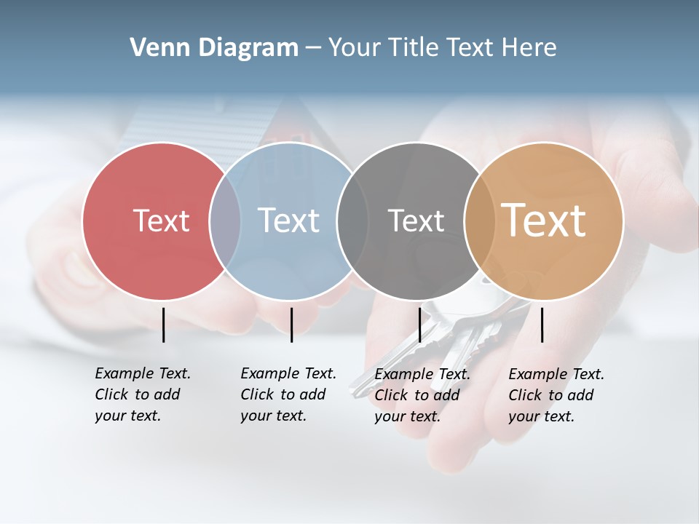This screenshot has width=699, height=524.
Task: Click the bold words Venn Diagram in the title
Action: pyautogui.click(x=214, y=48)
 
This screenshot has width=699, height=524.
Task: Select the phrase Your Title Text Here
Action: pyautogui.click(x=442, y=48)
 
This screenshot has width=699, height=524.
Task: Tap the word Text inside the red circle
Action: pyautogui.click(x=161, y=221)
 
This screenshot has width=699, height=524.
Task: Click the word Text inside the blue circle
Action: pyautogui.click(x=289, y=221)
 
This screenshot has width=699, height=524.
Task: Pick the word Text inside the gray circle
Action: pyautogui.click(x=416, y=221)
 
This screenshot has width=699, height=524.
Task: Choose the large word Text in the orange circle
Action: pyautogui.click(x=544, y=221)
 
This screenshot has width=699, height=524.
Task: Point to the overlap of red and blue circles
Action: pyautogui.click(x=225, y=221)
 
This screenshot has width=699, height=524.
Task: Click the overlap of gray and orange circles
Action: pyautogui.click(x=480, y=221)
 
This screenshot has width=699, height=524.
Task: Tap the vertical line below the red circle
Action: pyautogui.click(x=163, y=325)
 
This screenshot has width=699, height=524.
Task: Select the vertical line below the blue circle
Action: pyautogui.click(x=291, y=325)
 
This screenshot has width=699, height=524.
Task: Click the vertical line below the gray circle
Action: pyautogui.click(x=419, y=325)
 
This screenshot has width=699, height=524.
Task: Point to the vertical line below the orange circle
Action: pyautogui.click(x=542, y=325)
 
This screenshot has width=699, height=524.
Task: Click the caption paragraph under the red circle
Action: pyautogui.click(x=142, y=394)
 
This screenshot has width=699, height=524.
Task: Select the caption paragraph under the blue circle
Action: pyautogui.click(x=288, y=394)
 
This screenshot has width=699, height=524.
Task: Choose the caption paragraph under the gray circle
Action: pyautogui.click(x=422, y=395)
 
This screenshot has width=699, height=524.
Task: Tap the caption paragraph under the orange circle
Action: pyautogui.click(x=556, y=395)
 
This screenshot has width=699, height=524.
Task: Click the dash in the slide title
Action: pyautogui.click(x=313, y=49)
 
